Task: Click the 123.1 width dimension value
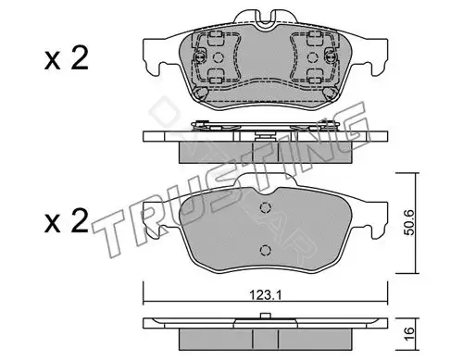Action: point(265,296)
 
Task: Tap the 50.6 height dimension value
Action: point(409,223)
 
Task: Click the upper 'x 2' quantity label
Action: point(67,58)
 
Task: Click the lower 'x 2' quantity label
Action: point(67,220)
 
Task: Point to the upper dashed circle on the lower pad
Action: point(266,207)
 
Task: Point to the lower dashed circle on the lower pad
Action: point(266,250)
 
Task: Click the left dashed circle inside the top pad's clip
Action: point(218,57)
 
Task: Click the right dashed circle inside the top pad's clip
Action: point(312,57)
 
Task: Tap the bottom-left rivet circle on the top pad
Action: point(202,93)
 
